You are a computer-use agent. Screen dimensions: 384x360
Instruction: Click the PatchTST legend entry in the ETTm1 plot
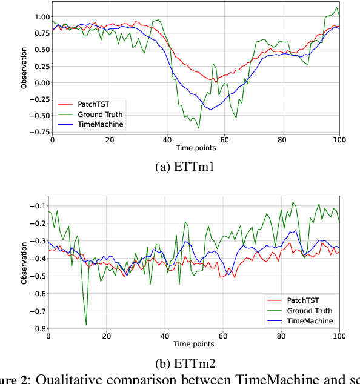pos(92,104)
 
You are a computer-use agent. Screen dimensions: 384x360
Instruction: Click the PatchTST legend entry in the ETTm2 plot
pos(301,300)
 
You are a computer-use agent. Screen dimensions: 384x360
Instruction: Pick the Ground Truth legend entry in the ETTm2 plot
pos(308,310)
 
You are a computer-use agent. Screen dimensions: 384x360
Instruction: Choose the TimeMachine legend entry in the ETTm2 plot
pos(310,320)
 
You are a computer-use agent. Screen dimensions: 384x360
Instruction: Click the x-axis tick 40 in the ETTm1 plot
pos(167,140)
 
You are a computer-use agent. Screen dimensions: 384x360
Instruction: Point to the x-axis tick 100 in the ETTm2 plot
pos(339,336)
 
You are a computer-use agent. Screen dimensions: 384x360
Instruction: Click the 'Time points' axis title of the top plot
pos(195,148)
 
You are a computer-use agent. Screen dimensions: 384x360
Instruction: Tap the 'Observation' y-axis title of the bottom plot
pos(25,263)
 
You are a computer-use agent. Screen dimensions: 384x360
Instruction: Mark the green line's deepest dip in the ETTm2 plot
pos(86,325)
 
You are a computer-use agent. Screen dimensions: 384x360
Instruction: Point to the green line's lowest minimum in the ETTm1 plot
pos(198,128)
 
